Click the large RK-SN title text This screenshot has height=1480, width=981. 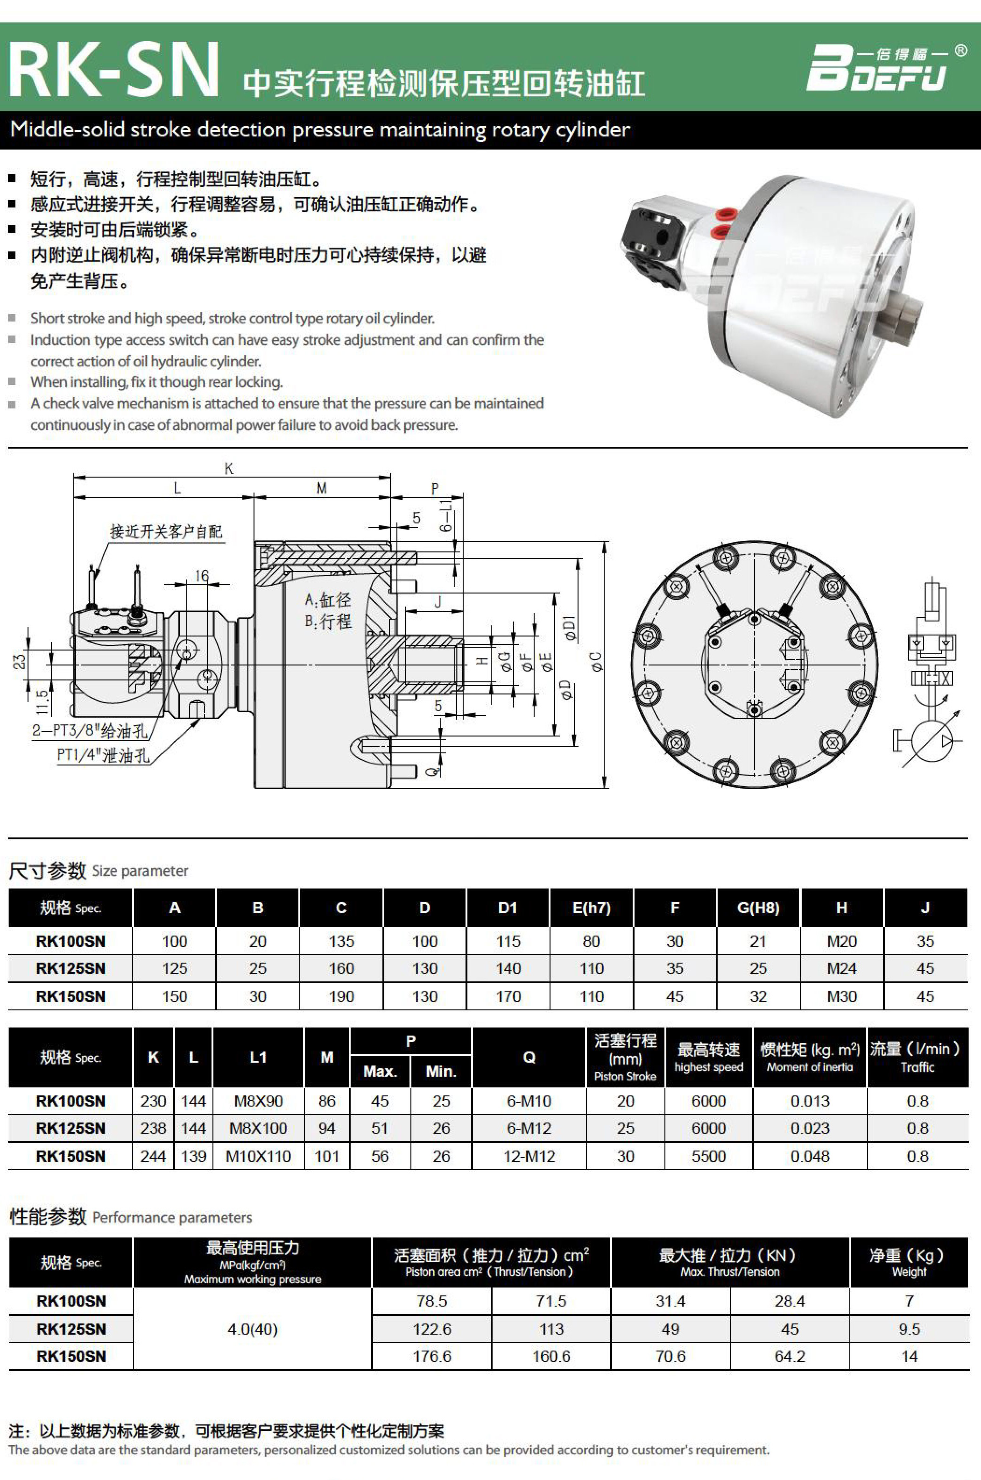click(114, 70)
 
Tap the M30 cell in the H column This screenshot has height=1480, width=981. click(841, 996)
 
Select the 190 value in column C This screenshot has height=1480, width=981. click(341, 996)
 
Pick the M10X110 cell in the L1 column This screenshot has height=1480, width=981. click(258, 1156)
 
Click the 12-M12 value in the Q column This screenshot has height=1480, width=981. click(529, 1156)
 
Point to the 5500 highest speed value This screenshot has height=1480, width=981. click(709, 1156)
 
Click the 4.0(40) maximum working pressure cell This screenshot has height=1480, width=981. click(252, 1329)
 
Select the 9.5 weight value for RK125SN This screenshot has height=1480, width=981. click(909, 1329)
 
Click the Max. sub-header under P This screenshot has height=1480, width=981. click(380, 1071)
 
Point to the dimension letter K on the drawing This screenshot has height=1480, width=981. click(229, 468)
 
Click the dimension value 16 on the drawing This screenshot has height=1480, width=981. click(201, 575)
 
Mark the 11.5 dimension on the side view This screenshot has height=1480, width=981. click(41, 702)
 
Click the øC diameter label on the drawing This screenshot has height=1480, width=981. click(596, 662)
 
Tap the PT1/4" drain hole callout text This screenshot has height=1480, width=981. click(103, 755)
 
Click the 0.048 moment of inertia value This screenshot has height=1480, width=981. click(810, 1156)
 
